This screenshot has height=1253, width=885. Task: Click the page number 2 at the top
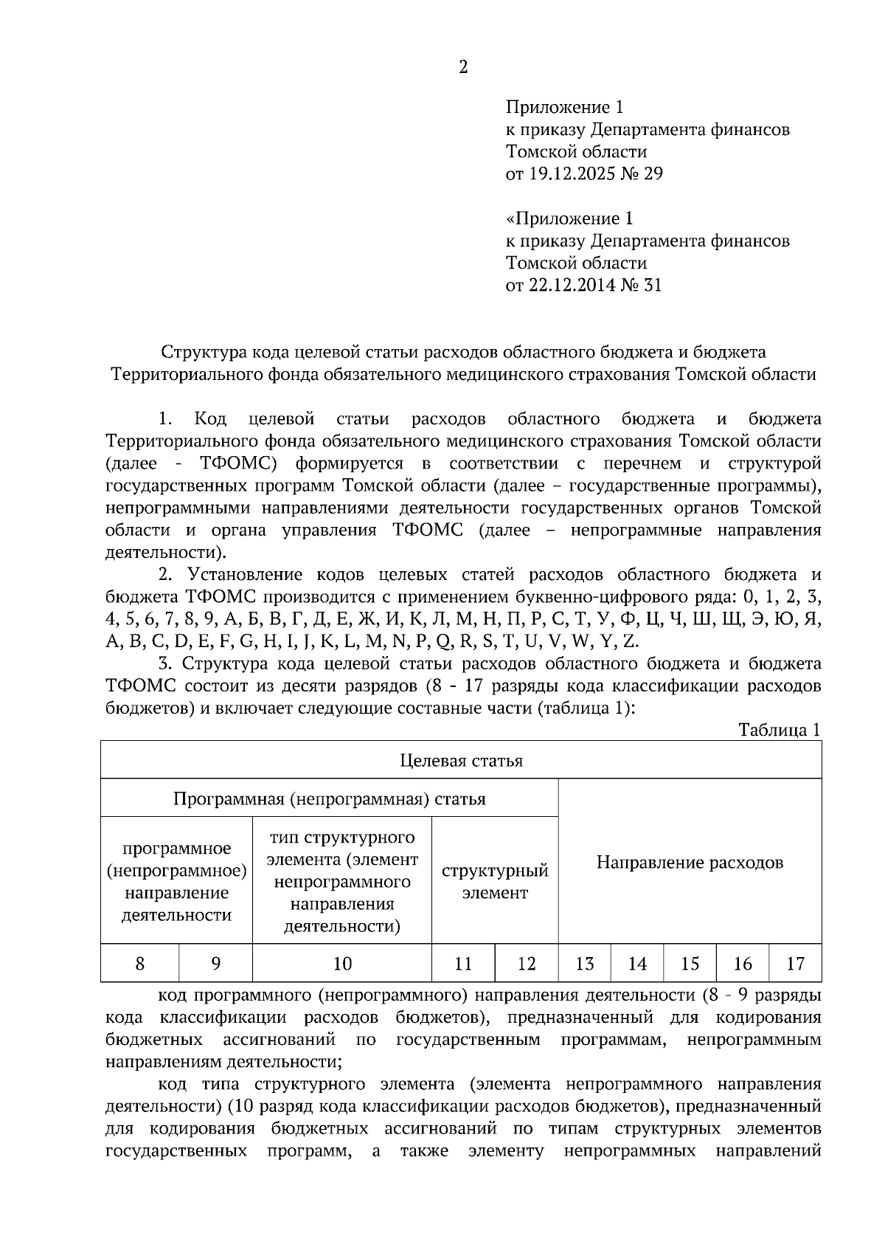click(463, 67)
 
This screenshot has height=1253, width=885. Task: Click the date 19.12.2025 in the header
click(569, 174)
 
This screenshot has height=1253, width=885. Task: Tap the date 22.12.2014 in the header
click(569, 285)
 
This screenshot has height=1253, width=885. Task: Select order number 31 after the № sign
click(652, 285)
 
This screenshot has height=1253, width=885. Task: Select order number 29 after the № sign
click(653, 174)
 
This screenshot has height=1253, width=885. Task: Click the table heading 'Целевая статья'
click(461, 760)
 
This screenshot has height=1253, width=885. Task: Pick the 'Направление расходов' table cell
click(690, 862)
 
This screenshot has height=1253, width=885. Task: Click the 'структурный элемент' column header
click(495, 881)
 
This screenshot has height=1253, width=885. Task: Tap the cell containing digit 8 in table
click(140, 963)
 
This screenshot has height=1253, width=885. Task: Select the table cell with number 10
click(342, 963)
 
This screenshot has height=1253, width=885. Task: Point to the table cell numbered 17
click(795, 963)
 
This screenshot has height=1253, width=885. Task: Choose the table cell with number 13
click(584, 963)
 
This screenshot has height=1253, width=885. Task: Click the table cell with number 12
click(527, 963)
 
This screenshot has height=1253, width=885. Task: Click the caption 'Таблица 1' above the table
click(780, 730)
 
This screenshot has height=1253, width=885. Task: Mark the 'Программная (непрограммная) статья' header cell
click(329, 798)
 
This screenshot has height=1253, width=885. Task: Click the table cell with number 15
click(690, 963)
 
